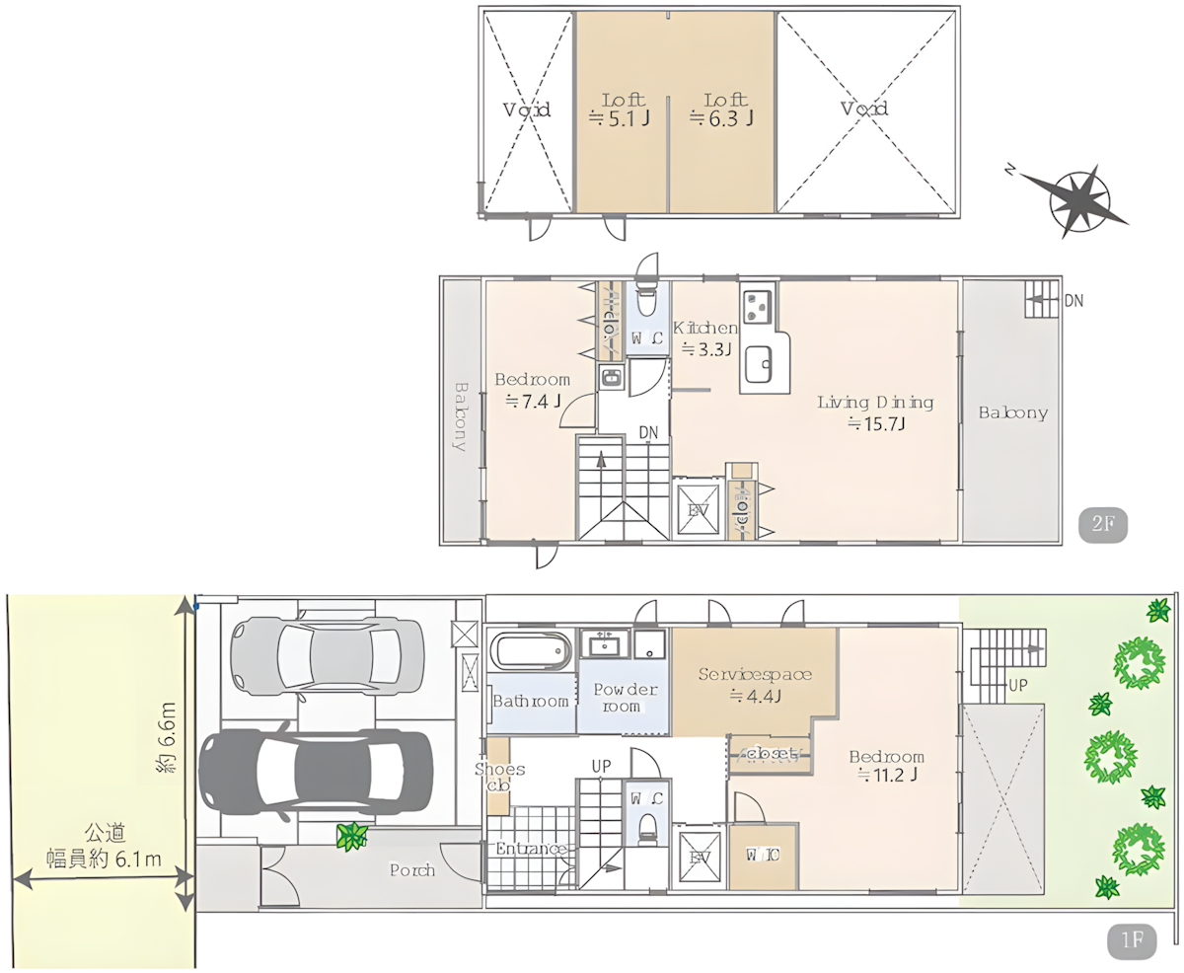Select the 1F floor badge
click(1129, 939)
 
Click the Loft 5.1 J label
click(621, 110)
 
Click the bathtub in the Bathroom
click(531, 652)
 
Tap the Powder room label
click(624, 698)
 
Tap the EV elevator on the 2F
click(700, 509)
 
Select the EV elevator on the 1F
click(702, 858)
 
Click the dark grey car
click(316, 773)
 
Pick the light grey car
click(316, 652)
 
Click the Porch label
click(411, 870)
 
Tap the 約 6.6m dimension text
click(169, 735)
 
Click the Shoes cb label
click(499, 778)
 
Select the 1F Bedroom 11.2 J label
click(886, 766)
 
